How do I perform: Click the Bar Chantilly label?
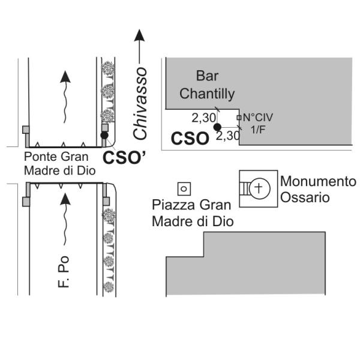[x=207, y=85]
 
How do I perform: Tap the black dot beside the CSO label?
[x=217, y=127]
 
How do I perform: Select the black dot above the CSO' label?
[x=104, y=135]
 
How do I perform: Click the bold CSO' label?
[x=124, y=157]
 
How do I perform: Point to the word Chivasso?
[x=140, y=104]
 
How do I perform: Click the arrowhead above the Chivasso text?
[x=139, y=35]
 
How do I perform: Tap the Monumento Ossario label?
[x=318, y=189]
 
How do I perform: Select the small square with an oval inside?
[x=184, y=189]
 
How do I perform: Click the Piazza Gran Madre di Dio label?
[x=193, y=213]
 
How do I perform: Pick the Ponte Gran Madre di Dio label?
[x=59, y=164]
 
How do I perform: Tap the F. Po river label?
[x=64, y=272]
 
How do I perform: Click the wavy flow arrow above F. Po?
[x=65, y=219]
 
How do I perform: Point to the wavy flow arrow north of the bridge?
[x=65, y=97]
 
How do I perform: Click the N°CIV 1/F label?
[x=258, y=124]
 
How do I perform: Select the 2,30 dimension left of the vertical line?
[x=203, y=118]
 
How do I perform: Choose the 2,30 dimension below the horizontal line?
[x=228, y=136]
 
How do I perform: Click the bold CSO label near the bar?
[x=190, y=139]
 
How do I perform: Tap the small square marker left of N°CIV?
[x=239, y=118]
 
